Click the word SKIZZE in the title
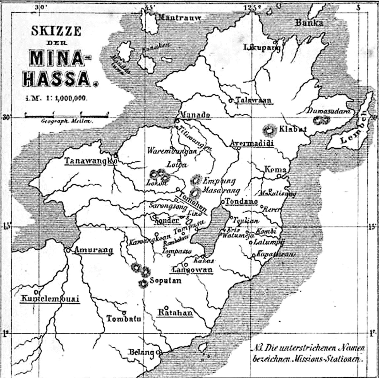(x=56, y=31)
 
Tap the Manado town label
(x=195, y=115)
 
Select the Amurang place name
(x=93, y=250)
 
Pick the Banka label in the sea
(x=309, y=23)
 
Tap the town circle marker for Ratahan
(x=166, y=307)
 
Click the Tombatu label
(x=124, y=319)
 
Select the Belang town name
(x=141, y=352)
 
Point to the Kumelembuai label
(x=50, y=299)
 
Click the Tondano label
(x=242, y=201)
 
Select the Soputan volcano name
(x=165, y=280)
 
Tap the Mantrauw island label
(x=179, y=18)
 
